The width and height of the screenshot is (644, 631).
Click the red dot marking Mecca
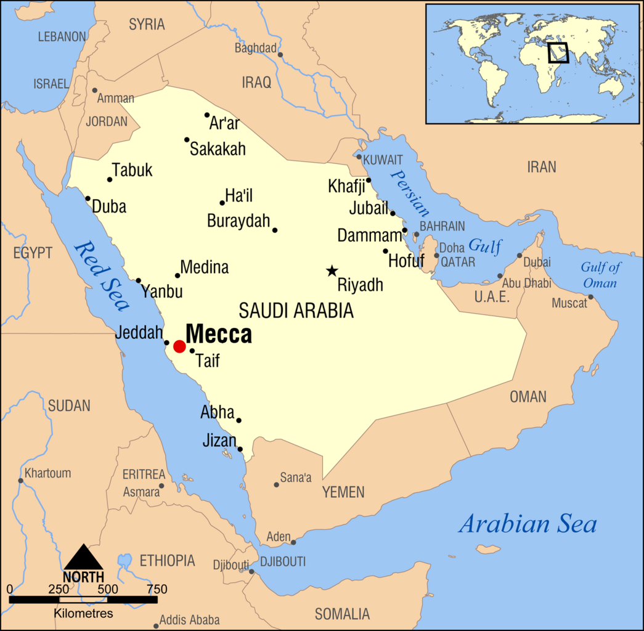tap(179, 346)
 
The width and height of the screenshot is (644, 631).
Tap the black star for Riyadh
tap(332, 271)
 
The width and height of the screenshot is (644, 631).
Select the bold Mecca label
tap(219, 334)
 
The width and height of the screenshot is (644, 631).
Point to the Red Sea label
tap(102, 275)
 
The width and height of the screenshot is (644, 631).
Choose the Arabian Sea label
tap(528, 524)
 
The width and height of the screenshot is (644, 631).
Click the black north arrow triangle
tap(83, 557)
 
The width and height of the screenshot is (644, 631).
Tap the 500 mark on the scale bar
tap(108, 589)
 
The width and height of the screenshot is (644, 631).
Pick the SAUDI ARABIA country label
tap(296, 311)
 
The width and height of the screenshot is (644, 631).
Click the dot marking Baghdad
tap(280, 55)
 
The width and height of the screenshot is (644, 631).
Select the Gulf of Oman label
tap(600, 275)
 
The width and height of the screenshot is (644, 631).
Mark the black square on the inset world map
tap(558, 52)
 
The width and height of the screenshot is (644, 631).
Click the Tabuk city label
tap(132, 171)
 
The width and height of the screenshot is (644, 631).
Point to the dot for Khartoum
tap(20, 481)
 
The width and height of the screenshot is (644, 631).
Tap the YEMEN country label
tap(343, 492)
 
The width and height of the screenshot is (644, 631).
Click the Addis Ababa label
tap(189, 620)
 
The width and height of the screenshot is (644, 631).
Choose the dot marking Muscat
tap(590, 297)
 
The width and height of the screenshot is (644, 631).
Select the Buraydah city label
tap(238, 221)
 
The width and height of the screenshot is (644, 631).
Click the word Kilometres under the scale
tap(83, 613)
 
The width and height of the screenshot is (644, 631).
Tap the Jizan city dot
tap(240, 449)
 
